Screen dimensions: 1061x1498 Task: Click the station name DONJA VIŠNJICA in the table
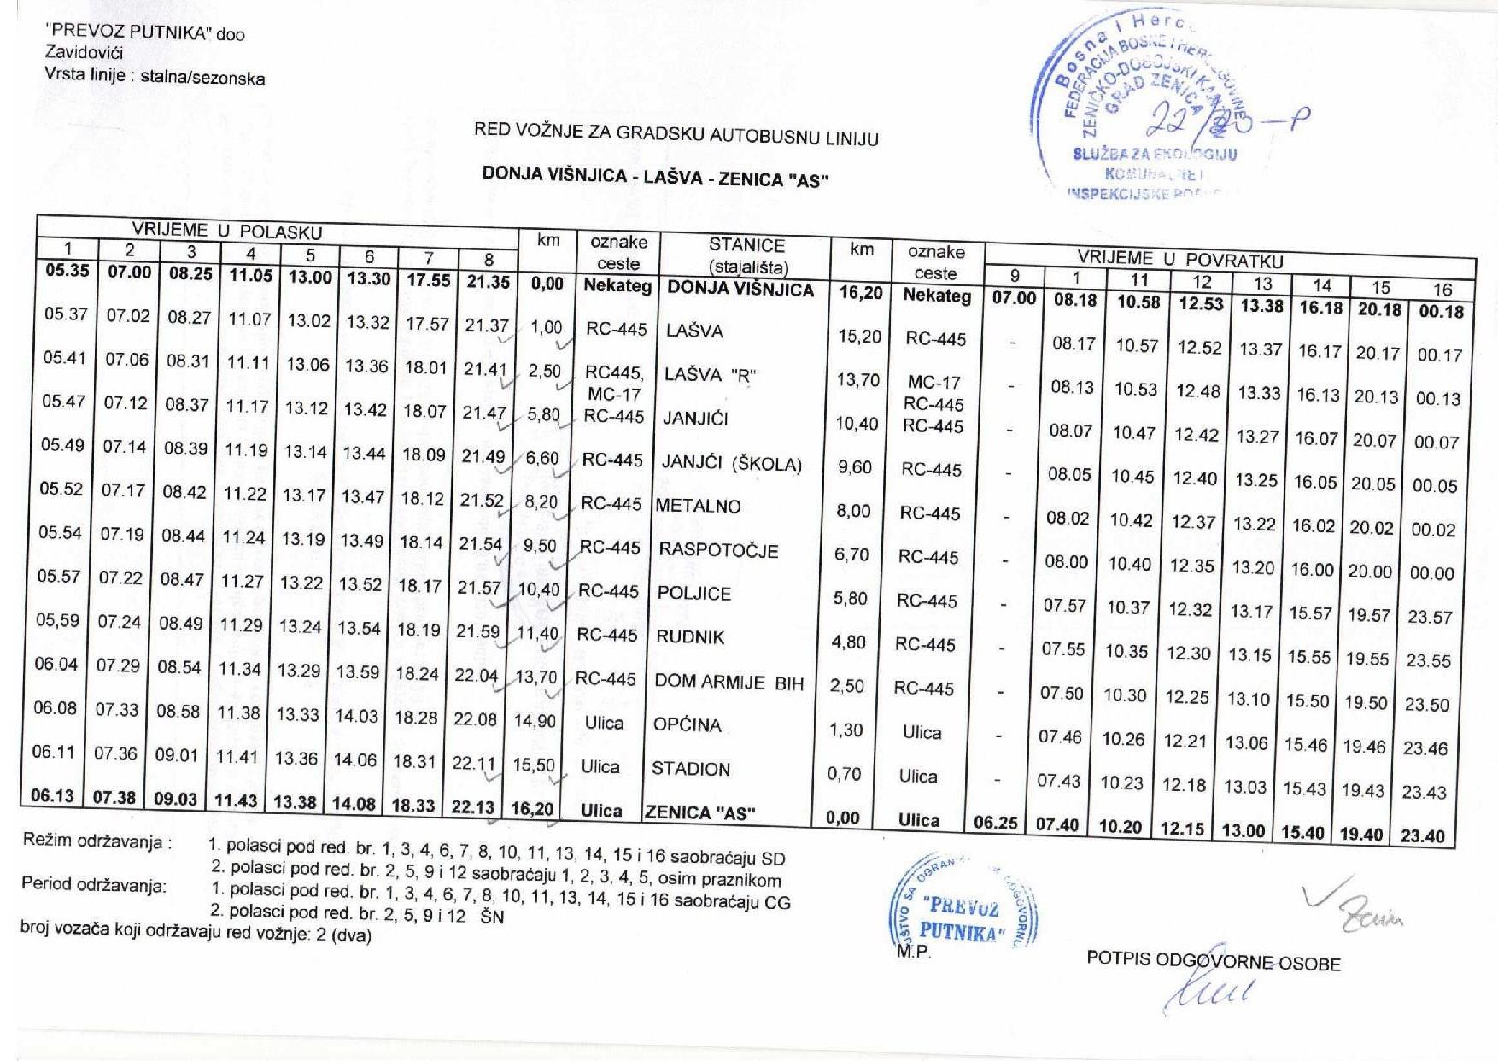740,289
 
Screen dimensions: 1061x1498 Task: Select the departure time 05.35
67,271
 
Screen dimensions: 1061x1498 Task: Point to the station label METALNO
698,506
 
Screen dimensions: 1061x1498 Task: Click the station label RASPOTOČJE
718,550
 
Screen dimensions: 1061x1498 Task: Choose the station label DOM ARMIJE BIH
729,682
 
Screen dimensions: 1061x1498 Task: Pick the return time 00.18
1441,312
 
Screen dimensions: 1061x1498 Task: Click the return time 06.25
996,823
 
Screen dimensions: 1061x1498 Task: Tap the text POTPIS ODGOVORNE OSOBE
1213,961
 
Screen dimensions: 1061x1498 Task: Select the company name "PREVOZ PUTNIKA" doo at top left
144,33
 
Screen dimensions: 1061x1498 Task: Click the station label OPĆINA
688,725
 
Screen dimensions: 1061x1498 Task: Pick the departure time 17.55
428,280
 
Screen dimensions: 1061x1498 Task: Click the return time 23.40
1422,835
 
